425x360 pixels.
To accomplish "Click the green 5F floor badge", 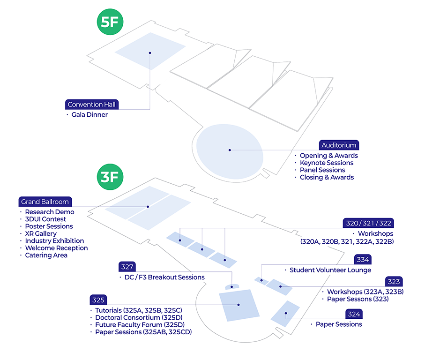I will (x=109, y=23).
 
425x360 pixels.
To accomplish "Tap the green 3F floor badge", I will (x=109, y=176).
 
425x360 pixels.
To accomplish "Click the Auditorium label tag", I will (x=339, y=145).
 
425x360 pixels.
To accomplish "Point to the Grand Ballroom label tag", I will (x=45, y=202).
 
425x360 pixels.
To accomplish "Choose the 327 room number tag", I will (x=127, y=267).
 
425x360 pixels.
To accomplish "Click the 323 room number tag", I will (x=394, y=282).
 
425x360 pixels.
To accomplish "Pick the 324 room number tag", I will (x=353, y=314).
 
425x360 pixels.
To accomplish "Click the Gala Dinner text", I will (x=89, y=114).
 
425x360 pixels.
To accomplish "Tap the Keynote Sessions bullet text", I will (x=326, y=163).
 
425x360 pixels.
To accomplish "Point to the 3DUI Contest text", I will (x=45, y=219).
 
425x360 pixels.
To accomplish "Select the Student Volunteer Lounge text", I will (x=330, y=270).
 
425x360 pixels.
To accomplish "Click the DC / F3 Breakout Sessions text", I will (x=164, y=277).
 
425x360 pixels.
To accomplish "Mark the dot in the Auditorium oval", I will (x=230, y=150).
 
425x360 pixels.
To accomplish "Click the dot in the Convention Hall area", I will (x=149, y=53).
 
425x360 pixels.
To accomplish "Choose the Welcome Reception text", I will (x=56, y=248).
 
